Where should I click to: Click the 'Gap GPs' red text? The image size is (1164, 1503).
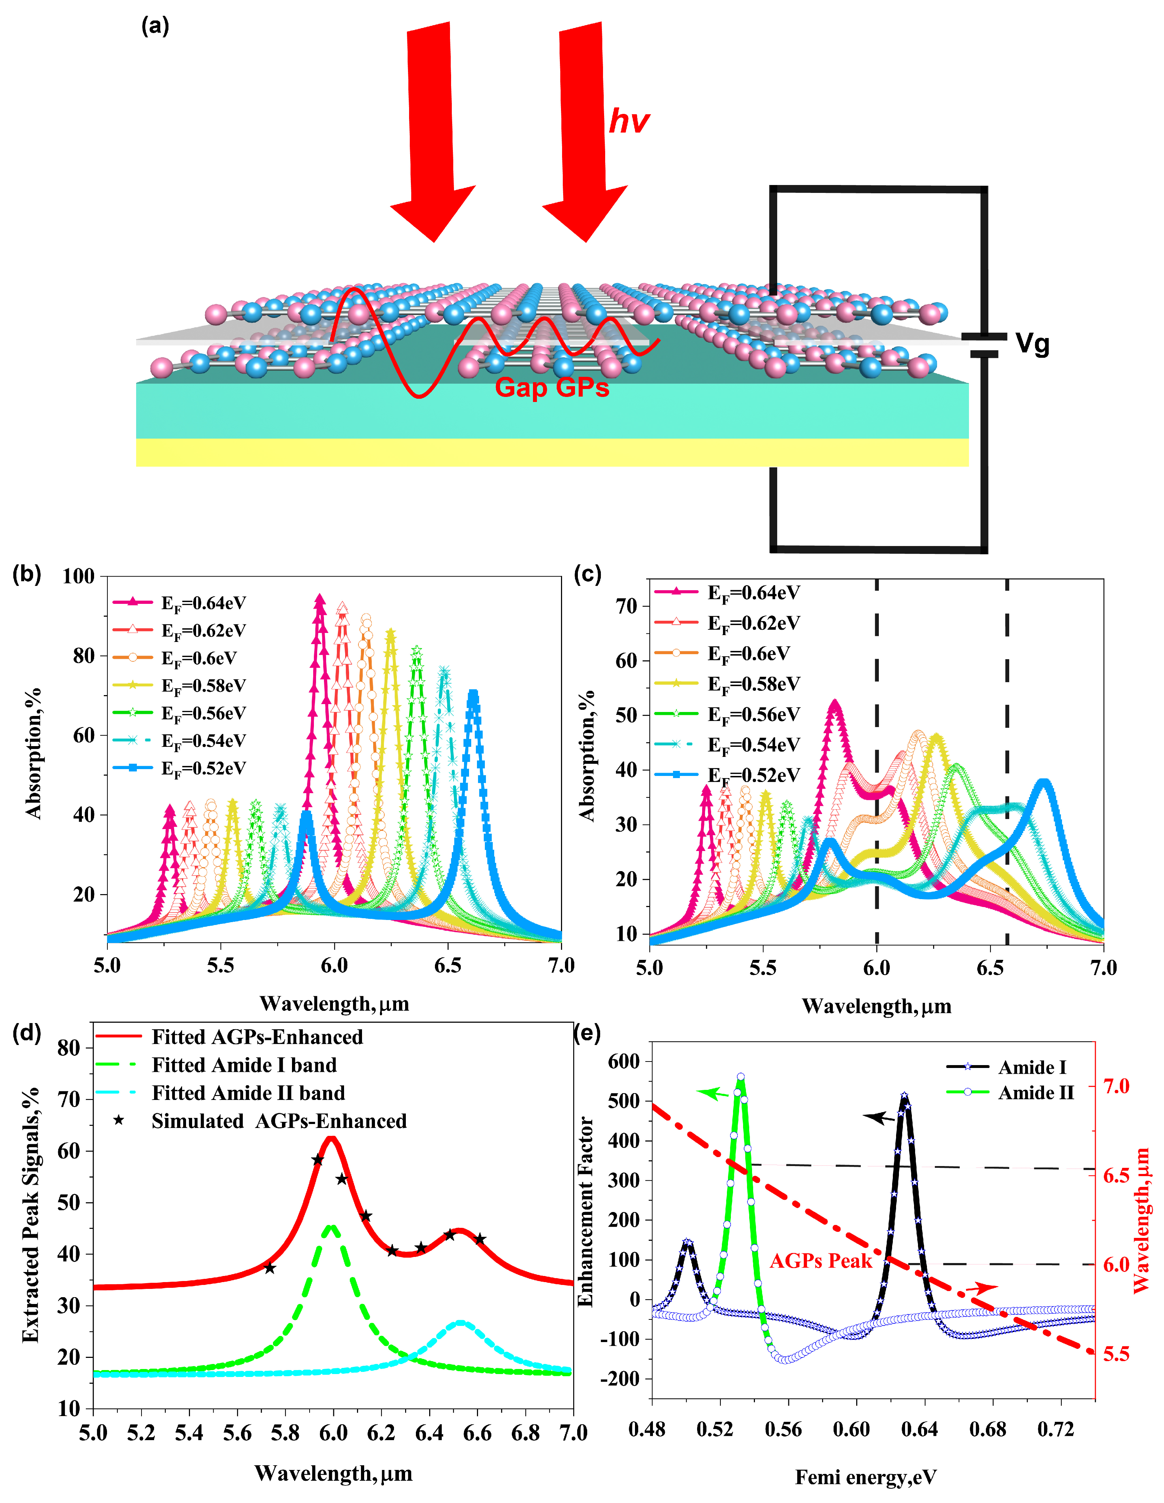pyautogui.click(x=552, y=388)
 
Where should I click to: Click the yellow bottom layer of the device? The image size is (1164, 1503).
pyautogui.click(x=550, y=452)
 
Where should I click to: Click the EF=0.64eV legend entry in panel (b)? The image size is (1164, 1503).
pyautogui.click(x=203, y=603)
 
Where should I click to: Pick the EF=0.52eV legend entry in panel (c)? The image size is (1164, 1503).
pyautogui.click(x=753, y=776)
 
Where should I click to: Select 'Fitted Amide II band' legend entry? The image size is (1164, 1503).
pyautogui.click(x=248, y=1093)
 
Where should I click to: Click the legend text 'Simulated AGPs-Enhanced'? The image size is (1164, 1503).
pyautogui.click(x=279, y=1121)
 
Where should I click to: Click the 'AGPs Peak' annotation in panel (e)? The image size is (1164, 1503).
pyautogui.click(x=820, y=1261)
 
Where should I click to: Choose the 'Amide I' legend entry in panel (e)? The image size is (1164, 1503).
pyautogui.click(x=1032, y=1067)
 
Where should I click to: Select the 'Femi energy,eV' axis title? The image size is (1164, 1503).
pyautogui.click(x=866, y=1477)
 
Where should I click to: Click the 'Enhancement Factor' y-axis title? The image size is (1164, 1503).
pyautogui.click(x=585, y=1211)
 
